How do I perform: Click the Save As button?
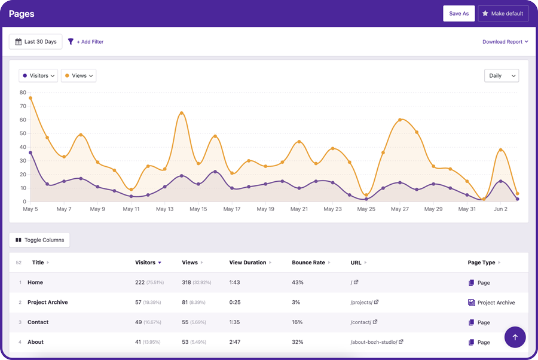tap(458, 13)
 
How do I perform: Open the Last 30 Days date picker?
tap(36, 42)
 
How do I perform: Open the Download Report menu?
tap(505, 42)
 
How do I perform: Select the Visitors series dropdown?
tap(38, 76)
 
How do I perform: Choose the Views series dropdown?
tap(78, 76)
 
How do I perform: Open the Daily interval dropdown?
tap(501, 76)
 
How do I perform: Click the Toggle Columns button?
tap(39, 240)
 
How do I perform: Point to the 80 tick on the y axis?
tap(23, 93)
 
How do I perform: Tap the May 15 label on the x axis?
tap(198, 209)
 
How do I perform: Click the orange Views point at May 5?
tap(30, 98)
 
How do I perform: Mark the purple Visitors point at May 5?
tap(30, 153)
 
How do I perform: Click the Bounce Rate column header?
tap(308, 263)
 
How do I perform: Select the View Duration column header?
tap(247, 263)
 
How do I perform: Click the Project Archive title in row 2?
tap(47, 303)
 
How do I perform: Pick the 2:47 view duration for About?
tap(235, 342)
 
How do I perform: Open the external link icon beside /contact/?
tap(375, 322)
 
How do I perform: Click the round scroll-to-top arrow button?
tap(515, 337)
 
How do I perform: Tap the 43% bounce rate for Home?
tap(298, 283)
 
